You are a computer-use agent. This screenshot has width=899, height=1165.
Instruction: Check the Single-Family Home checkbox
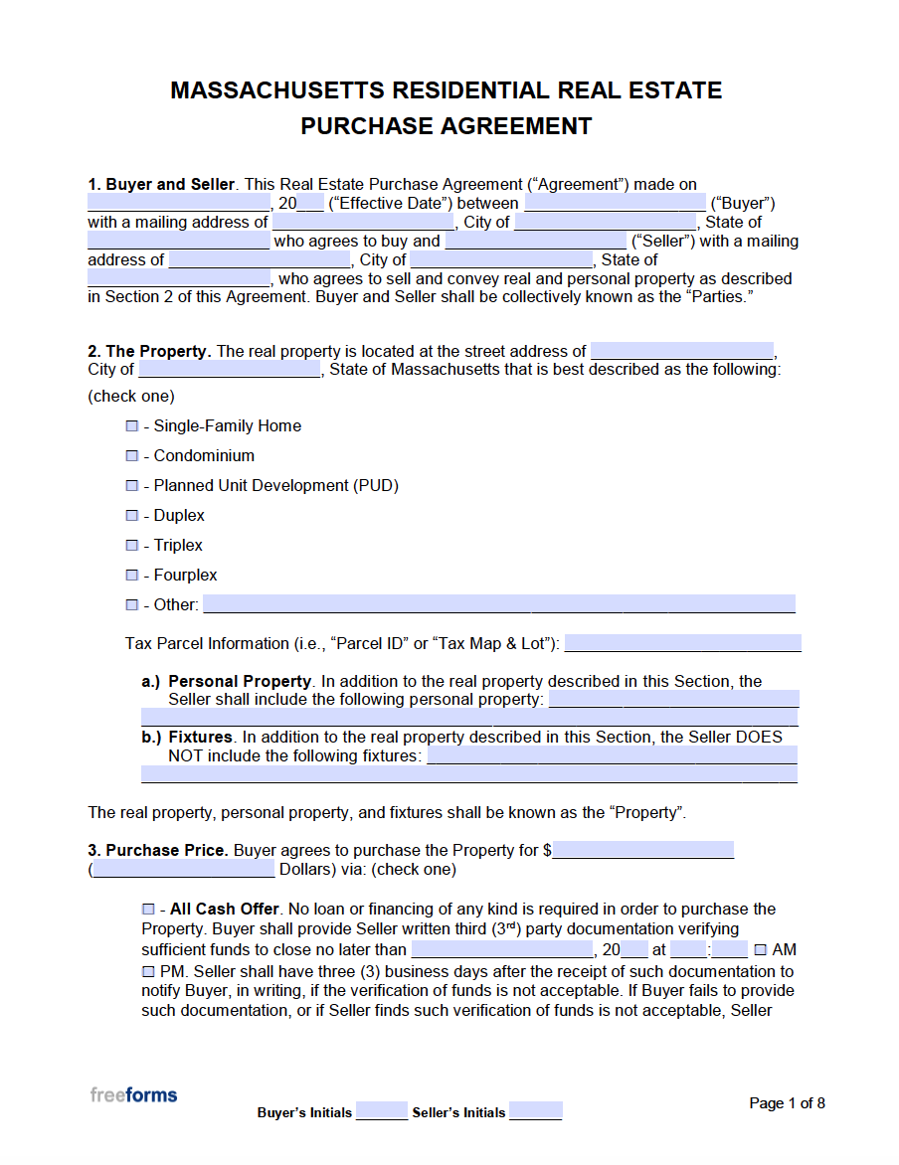(132, 425)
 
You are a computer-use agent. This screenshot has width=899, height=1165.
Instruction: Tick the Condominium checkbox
(132, 455)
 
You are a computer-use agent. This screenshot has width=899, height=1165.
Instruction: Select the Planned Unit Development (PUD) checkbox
(132, 485)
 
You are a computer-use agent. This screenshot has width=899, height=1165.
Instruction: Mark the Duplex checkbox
(132, 515)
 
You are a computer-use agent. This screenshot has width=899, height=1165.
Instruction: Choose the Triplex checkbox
(132, 545)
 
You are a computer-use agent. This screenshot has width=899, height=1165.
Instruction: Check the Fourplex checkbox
(132, 575)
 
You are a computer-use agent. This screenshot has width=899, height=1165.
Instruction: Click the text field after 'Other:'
(498, 603)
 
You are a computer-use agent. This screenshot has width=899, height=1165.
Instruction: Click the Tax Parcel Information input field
(682, 642)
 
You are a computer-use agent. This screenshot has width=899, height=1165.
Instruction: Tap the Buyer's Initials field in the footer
(382, 1110)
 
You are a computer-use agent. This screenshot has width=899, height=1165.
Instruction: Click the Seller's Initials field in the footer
(536, 1110)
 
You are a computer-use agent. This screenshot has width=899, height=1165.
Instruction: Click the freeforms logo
(133, 1095)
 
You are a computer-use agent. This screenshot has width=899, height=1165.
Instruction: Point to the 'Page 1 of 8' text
(787, 1103)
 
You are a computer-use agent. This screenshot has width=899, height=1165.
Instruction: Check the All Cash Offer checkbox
(148, 909)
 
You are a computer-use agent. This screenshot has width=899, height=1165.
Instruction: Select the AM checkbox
(761, 949)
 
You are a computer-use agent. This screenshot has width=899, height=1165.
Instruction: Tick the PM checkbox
(148, 970)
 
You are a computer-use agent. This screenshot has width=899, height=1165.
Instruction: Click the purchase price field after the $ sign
(643, 850)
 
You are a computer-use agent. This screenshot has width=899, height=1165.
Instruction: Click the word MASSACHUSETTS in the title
(277, 90)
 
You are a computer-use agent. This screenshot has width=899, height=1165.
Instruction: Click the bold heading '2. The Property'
(148, 351)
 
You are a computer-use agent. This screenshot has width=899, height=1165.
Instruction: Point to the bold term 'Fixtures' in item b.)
(200, 737)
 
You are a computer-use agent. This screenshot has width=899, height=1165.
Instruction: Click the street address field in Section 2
(681, 350)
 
